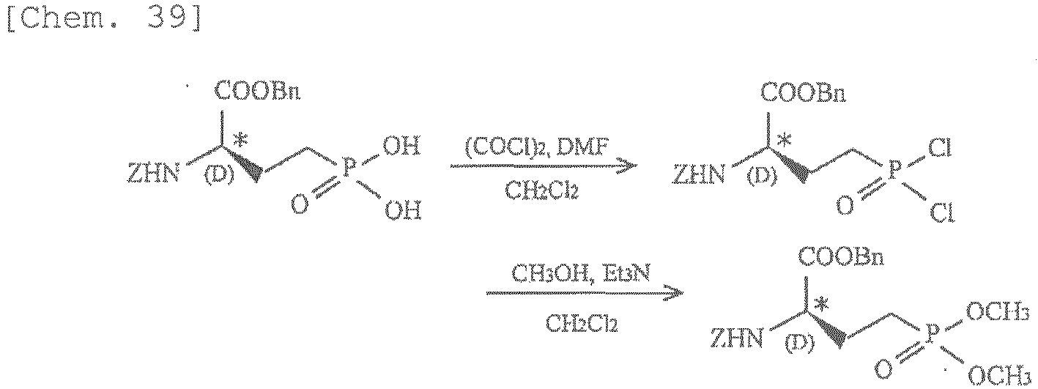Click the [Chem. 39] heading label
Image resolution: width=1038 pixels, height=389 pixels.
pos(104,20)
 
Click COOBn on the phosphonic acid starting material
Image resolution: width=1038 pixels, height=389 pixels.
pos(256,92)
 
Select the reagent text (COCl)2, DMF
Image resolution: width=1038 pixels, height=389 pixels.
pos(537,149)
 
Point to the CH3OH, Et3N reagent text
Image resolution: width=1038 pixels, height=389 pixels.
pos(581,275)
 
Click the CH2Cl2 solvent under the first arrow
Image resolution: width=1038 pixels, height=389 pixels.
pos(541,190)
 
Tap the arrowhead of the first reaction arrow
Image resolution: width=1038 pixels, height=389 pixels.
pos(627,166)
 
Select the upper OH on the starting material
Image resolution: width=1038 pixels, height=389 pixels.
pos(402,147)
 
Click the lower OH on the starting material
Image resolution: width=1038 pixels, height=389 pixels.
pos(403,210)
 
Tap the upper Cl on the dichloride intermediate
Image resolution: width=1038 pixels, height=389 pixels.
pos(940,149)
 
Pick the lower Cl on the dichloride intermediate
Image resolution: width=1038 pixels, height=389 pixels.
pos(941,213)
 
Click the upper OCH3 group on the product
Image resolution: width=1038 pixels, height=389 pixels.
pos(997,313)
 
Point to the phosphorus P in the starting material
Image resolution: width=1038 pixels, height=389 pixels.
pos(348,166)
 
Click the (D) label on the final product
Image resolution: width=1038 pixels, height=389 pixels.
pos(801,343)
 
